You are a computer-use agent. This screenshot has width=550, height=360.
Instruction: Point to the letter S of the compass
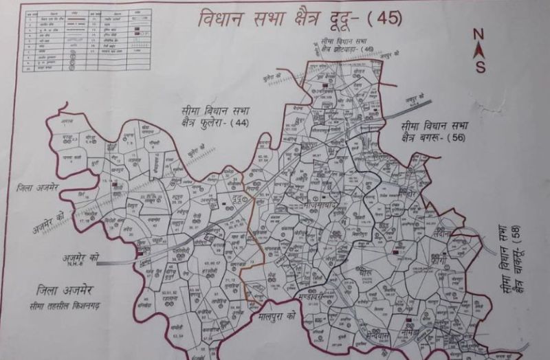[x=480, y=67]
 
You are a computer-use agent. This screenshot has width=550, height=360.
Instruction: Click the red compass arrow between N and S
[x=479, y=49]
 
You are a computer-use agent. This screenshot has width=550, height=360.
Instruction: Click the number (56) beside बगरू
[x=455, y=139]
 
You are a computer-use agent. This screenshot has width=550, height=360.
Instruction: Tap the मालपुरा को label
[x=272, y=318]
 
